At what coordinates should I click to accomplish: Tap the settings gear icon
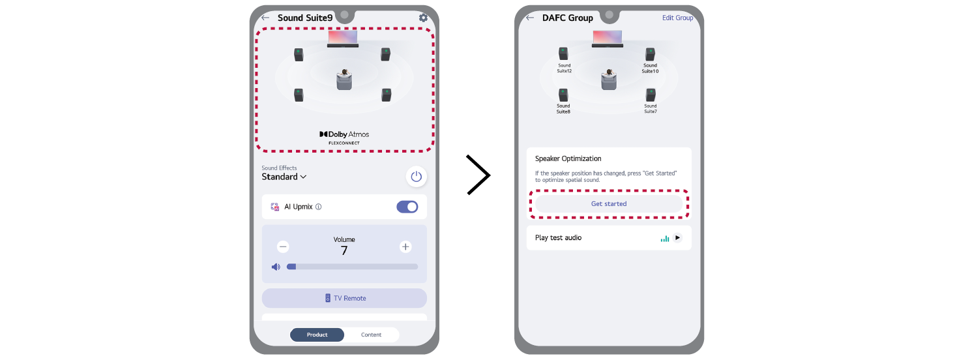tap(423, 18)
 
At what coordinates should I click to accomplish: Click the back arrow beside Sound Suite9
tap(265, 18)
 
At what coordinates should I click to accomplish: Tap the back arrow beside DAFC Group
tap(530, 18)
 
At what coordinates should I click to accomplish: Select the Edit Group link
tap(677, 18)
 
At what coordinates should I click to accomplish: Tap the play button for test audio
tap(677, 237)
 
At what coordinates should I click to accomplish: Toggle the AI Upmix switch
tap(407, 207)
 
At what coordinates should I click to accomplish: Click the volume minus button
tap(283, 247)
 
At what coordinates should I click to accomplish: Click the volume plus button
tap(405, 247)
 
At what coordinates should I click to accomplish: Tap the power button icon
tap(416, 177)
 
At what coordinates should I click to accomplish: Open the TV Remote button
tap(344, 298)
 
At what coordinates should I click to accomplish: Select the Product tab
tap(317, 335)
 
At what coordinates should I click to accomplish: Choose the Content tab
tap(372, 335)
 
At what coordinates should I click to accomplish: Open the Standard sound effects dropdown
tap(284, 177)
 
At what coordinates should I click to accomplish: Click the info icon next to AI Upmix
tap(319, 207)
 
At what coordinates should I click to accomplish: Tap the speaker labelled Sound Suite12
tap(564, 54)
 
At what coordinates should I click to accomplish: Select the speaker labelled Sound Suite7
tap(651, 95)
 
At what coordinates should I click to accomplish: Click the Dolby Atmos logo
tap(344, 138)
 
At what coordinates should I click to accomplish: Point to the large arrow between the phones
tap(478, 175)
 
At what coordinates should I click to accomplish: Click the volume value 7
tap(344, 251)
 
